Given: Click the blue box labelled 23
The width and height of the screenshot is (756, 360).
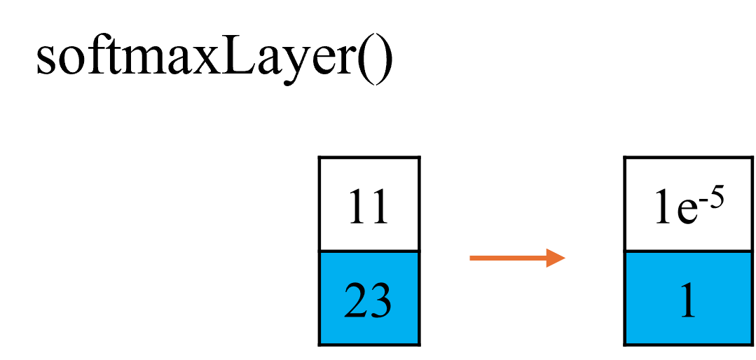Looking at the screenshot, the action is pyautogui.click(x=369, y=298).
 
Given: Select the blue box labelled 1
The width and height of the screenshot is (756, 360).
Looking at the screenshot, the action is pyautogui.click(x=687, y=298).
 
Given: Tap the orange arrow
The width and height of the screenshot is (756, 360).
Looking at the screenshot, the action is pyautogui.click(x=517, y=258).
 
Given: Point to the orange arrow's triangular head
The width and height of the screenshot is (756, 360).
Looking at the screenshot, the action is pyautogui.click(x=555, y=258).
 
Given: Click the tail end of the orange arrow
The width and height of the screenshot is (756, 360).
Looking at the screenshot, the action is pyautogui.click(x=472, y=258).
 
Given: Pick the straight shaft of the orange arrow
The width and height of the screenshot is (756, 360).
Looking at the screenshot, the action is pyautogui.click(x=507, y=258).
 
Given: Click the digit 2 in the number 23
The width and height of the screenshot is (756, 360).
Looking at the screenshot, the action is pyautogui.click(x=356, y=301).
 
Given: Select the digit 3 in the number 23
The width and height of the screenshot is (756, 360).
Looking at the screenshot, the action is pyautogui.click(x=380, y=301).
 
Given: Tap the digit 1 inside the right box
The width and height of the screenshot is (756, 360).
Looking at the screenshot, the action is pyautogui.click(x=687, y=301).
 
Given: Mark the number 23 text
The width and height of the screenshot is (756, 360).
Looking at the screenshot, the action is pyautogui.click(x=368, y=301).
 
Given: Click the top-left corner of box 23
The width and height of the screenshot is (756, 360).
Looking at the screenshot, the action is pyautogui.click(x=322, y=254).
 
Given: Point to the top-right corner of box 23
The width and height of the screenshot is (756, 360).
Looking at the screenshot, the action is pyautogui.click(x=416, y=254).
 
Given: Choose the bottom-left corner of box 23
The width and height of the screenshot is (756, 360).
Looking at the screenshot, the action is pyautogui.click(x=322, y=342).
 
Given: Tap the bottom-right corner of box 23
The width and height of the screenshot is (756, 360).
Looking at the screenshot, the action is pyautogui.click(x=416, y=342).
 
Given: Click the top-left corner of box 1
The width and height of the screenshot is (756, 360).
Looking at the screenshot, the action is pyautogui.click(x=628, y=254).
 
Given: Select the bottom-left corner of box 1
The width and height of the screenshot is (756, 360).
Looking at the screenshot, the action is pyautogui.click(x=628, y=342).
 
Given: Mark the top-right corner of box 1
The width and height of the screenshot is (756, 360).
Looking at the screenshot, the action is pyautogui.click(x=749, y=254).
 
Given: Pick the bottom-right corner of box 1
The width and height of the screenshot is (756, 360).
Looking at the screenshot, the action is pyautogui.click(x=749, y=342).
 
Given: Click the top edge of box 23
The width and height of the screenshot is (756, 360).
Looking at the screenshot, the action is pyautogui.click(x=369, y=254).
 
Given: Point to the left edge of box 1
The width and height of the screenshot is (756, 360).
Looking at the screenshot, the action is pyautogui.click(x=627, y=298).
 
